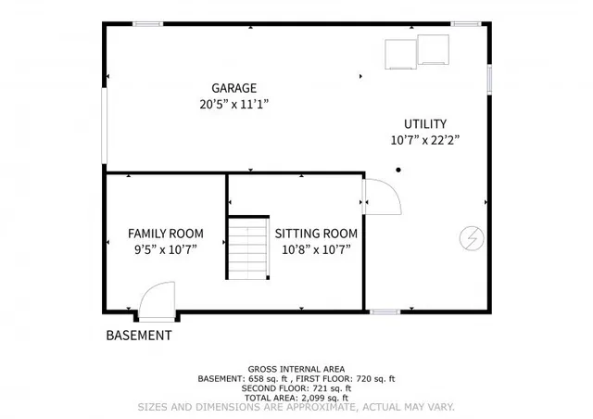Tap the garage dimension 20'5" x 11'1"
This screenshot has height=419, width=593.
233,105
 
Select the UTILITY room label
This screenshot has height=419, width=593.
424,123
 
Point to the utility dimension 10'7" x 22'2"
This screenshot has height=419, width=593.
424,140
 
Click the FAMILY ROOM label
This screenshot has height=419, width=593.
165,234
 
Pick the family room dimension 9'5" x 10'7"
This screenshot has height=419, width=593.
165,249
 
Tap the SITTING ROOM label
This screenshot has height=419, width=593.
316,234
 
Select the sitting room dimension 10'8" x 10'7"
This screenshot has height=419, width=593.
316,249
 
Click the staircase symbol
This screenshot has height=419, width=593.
248,248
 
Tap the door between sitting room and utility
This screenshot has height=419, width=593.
380,196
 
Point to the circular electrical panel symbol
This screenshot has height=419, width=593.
471,238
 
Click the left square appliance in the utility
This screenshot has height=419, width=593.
399,54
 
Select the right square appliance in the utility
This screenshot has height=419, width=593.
433,50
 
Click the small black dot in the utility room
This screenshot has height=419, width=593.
397,170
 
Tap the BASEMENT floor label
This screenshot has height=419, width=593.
138,336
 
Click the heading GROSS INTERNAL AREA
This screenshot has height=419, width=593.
296,369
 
